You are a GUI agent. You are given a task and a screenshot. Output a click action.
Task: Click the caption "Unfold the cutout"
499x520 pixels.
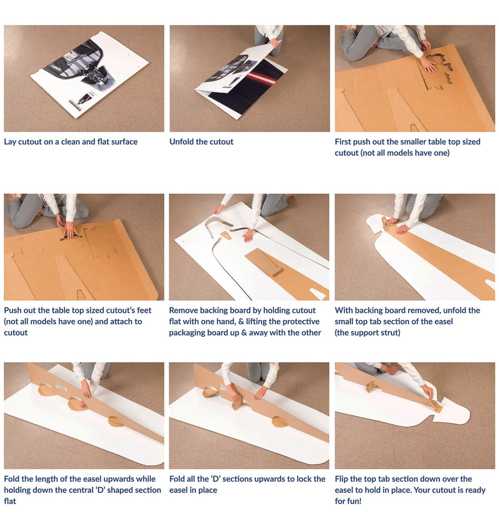click(201, 142)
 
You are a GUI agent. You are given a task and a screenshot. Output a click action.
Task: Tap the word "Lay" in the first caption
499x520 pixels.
click(10, 142)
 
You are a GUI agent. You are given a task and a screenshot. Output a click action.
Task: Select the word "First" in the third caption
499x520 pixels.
click(343, 142)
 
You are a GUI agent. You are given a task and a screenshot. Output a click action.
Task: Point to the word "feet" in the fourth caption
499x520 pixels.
click(144, 311)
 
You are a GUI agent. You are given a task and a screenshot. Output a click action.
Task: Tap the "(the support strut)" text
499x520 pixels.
click(367, 333)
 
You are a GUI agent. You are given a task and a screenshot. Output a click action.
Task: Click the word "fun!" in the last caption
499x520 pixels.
click(353, 501)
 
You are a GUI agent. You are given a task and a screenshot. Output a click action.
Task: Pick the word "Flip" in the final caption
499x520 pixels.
click(341, 479)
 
